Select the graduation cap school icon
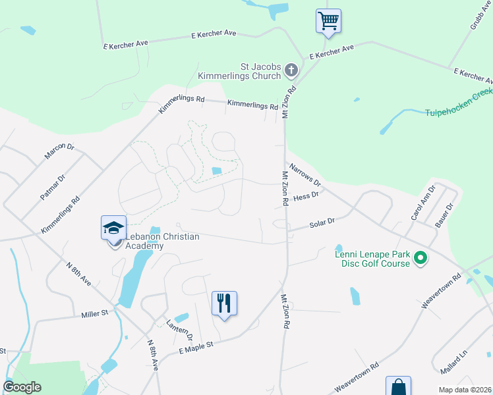(x=113, y=228)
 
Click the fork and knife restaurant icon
(x=224, y=303)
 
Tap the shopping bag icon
(x=398, y=387)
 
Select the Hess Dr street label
(x=306, y=196)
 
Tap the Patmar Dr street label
(x=53, y=187)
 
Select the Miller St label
(x=94, y=315)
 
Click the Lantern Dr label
(x=179, y=329)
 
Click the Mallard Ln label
(x=454, y=361)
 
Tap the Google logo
(x=22, y=387)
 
